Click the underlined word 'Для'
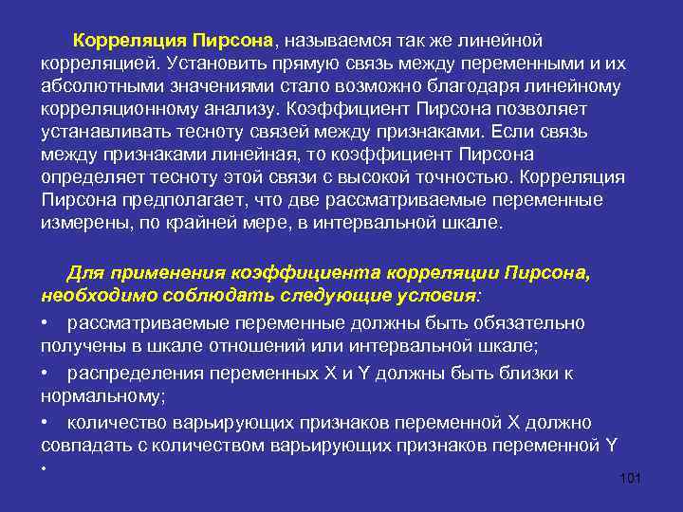click(x=83, y=274)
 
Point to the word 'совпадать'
click(x=83, y=445)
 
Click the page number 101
click(x=630, y=478)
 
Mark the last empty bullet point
click(x=45, y=469)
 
